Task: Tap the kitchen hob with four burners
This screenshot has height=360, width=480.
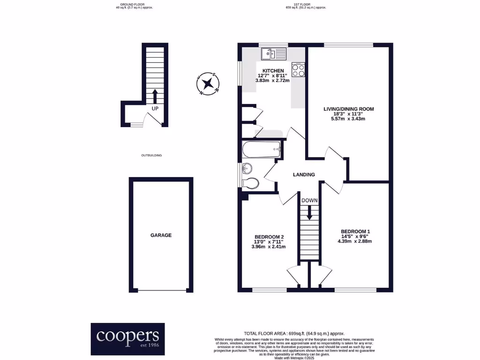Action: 298,69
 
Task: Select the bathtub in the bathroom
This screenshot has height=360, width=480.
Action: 261,150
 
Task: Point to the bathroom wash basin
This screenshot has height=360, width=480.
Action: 246,168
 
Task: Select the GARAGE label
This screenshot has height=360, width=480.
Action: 161,235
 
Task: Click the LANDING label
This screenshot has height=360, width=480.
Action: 304,175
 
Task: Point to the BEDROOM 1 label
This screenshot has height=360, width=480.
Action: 355,232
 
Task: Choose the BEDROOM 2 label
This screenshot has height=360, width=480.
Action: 269,237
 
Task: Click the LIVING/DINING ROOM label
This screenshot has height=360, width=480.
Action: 348,109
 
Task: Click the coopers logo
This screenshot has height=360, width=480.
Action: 127,338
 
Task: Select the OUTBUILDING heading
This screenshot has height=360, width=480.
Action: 151,155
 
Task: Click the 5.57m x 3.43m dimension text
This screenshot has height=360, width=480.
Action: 348,119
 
